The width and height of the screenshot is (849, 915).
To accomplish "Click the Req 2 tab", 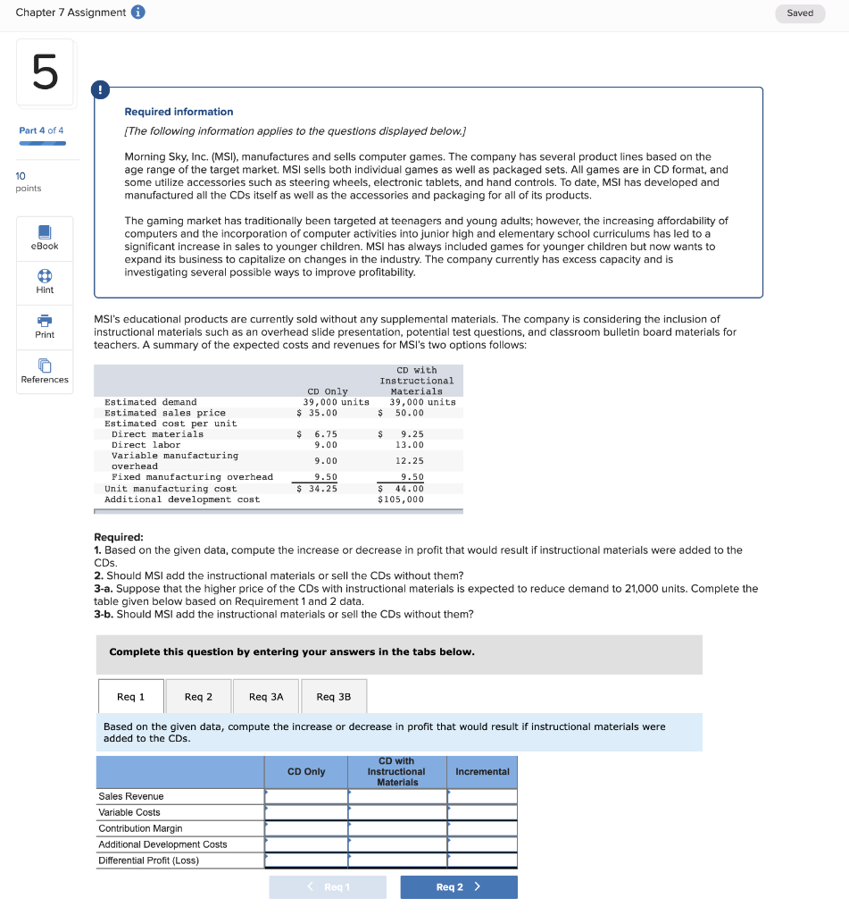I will click(x=198, y=697).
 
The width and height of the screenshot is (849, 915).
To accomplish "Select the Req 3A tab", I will click(x=266, y=697).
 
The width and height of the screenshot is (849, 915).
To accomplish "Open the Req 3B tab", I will click(x=334, y=697).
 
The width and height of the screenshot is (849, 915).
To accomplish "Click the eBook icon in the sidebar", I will click(x=45, y=231).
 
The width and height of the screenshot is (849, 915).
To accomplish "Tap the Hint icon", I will click(x=45, y=276).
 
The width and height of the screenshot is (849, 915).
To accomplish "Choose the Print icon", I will click(x=45, y=321).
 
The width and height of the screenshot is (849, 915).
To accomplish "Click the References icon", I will click(x=45, y=365).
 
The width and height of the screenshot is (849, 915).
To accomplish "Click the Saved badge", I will click(x=800, y=13).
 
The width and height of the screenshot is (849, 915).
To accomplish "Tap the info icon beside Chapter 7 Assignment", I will click(x=138, y=13).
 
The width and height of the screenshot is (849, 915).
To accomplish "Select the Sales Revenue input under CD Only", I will click(x=306, y=796).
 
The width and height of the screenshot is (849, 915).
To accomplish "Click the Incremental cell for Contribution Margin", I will click(x=482, y=828).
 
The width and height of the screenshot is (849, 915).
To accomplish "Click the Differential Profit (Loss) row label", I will click(x=149, y=860).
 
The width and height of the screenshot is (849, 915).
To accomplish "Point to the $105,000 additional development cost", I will click(x=401, y=499).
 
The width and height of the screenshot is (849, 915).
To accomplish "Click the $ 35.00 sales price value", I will click(x=318, y=413).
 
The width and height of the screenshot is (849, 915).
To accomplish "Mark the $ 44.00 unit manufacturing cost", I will click(x=402, y=489).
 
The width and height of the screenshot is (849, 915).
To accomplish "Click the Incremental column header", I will click(x=482, y=772).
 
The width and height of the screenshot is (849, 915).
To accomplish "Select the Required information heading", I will click(x=179, y=112).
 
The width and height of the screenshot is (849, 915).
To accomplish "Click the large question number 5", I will click(x=45, y=72).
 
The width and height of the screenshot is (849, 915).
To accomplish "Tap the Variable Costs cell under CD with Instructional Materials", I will click(x=397, y=812).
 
